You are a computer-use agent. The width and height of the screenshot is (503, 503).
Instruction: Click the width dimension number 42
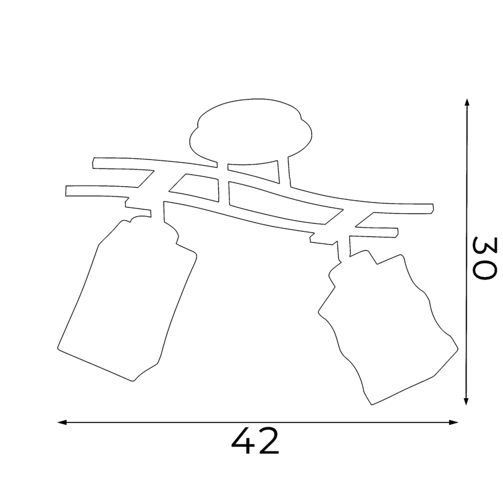[255, 441]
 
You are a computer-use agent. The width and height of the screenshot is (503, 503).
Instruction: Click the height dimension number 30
[484, 258]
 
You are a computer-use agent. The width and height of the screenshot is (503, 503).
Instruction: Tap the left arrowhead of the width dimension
[62, 422]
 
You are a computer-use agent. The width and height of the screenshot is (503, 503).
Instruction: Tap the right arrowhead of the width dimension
[454, 422]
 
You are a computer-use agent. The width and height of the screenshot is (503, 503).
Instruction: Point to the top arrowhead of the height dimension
[466, 103]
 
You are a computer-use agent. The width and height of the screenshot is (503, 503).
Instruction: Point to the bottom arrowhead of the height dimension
[466, 400]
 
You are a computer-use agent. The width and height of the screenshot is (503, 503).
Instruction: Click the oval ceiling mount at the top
[250, 132]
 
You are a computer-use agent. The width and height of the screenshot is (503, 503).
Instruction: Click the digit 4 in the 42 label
[243, 441]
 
